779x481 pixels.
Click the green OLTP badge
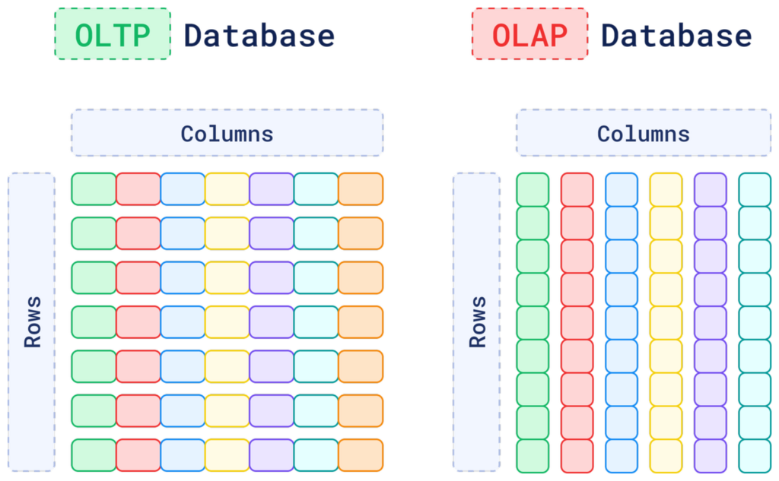[x=113, y=34]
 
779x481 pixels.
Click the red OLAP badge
[x=529, y=34]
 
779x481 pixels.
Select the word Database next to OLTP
[x=259, y=36]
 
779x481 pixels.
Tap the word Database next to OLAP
[x=676, y=36]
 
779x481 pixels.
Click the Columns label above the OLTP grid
[x=227, y=134]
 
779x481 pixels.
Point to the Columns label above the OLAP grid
[x=643, y=134]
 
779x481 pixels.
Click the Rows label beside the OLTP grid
[x=32, y=321]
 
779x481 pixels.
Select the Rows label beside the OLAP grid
[x=477, y=321]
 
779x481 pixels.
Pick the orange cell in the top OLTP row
[x=361, y=189]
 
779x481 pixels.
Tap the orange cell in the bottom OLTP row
[x=361, y=455]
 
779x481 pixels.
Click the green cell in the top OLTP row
[x=94, y=189]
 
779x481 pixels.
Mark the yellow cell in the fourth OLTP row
[x=227, y=322]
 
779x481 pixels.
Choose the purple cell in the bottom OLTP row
[x=272, y=455]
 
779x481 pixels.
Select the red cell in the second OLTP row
[x=138, y=233]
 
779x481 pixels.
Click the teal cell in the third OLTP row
[x=316, y=278]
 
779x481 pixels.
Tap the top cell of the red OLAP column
[x=577, y=189]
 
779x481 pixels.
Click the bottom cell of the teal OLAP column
[x=755, y=456]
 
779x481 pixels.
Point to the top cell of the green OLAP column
[x=533, y=189]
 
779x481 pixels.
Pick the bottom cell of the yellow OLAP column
[x=666, y=456]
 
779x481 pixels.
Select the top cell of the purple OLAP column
[x=710, y=189]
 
